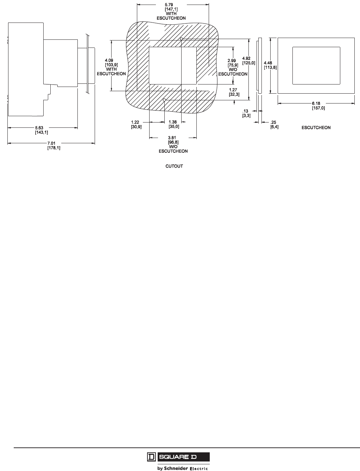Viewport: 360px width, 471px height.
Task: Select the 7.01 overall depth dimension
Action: [x=51, y=144]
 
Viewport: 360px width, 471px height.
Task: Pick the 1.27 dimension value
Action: [x=233, y=90]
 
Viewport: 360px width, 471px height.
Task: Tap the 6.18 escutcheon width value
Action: [x=316, y=103]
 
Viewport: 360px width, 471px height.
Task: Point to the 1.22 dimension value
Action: [x=136, y=122]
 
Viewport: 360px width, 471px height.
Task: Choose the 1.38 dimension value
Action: [x=173, y=122]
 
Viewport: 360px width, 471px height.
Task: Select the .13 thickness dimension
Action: [x=246, y=111]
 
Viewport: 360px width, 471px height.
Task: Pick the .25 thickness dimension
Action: [x=273, y=122]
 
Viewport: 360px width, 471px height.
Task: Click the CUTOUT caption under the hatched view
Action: [x=174, y=166]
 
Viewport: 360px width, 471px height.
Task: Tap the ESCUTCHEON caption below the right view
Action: [x=316, y=127]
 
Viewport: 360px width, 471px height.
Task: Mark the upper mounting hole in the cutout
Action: [x=181, y=38]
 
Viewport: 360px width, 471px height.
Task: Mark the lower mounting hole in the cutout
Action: [x=164, y=100]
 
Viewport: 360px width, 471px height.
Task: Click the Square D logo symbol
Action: [x=151, y=457]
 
